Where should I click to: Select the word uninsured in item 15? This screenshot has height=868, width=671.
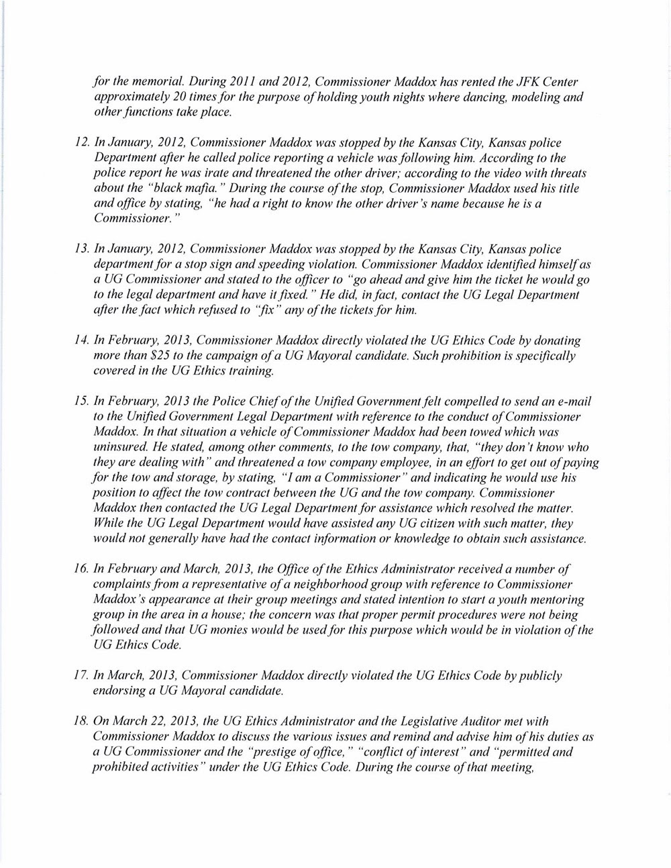click(x=117, y=447)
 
